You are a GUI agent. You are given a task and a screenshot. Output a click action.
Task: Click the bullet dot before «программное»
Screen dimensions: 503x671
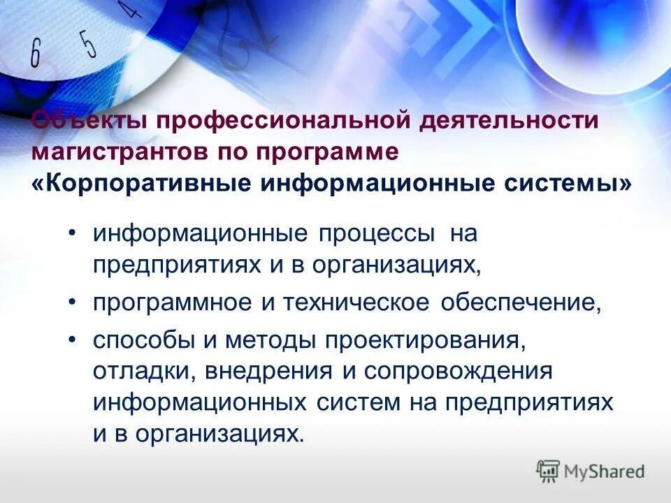[73, 302]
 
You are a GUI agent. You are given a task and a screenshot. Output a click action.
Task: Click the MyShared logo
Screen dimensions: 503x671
[591, 472]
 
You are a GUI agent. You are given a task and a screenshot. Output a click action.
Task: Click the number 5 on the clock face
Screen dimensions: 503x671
[88, 43]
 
